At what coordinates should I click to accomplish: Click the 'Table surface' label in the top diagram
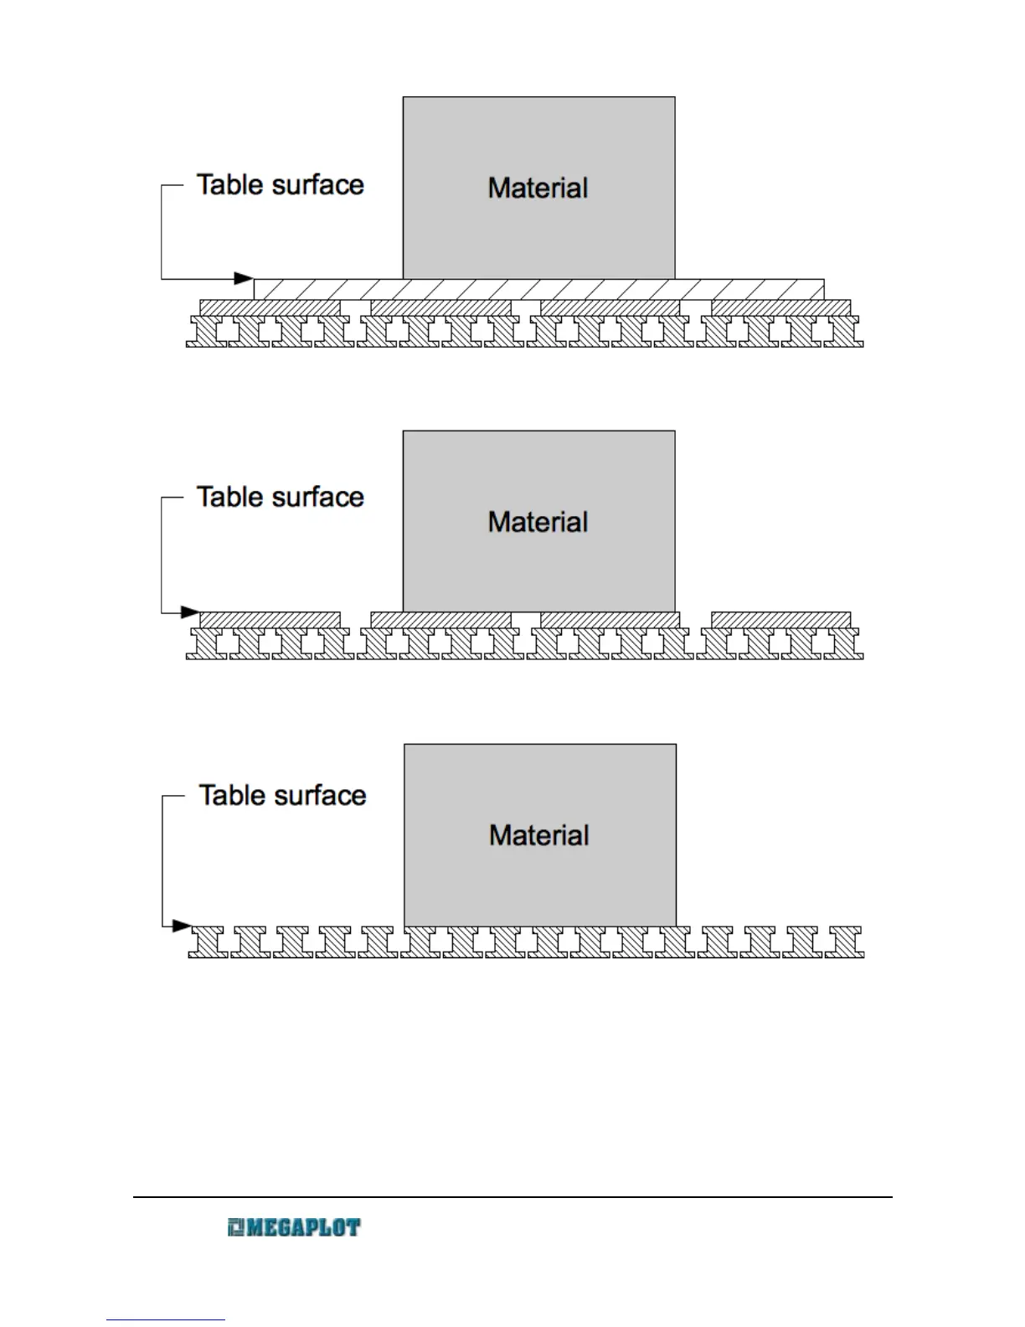pyautogui.click(x=281, y=185)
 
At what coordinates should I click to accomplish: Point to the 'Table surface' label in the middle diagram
pyautogui.click(x=281, y=497)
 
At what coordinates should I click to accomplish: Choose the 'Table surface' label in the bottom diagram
pyautogui.click(x=283, y=795)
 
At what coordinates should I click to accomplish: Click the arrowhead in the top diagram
pyautogui.click(x=244, y=278)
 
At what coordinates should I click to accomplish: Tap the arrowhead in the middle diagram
pyautogui.click(x=191, y=612)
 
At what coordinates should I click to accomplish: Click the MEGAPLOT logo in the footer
pyautogui.click(x=294, y=1228)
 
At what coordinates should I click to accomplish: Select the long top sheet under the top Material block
pyautogui.click(x=538, y=289)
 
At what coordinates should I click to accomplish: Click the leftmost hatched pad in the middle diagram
pyautogui.click(x=270, y=620)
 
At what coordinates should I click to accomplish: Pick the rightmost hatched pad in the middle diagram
pyautogui.click(x=780, y=620)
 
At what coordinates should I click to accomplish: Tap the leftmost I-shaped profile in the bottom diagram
pyautogui.click(x=208, y=942)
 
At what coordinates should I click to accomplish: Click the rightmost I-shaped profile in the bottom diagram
pyautogui.click(x=845, y=942)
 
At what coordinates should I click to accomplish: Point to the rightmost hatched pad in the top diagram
pyautogui.click(x=780, y=308)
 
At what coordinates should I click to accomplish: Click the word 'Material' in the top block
pyautogui.click(x=538, y=188)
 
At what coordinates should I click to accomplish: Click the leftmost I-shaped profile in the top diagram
pyautogui.click(x=206, y=332)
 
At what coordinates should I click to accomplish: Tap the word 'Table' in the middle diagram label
pyautogui.click(x=228, y=497)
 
